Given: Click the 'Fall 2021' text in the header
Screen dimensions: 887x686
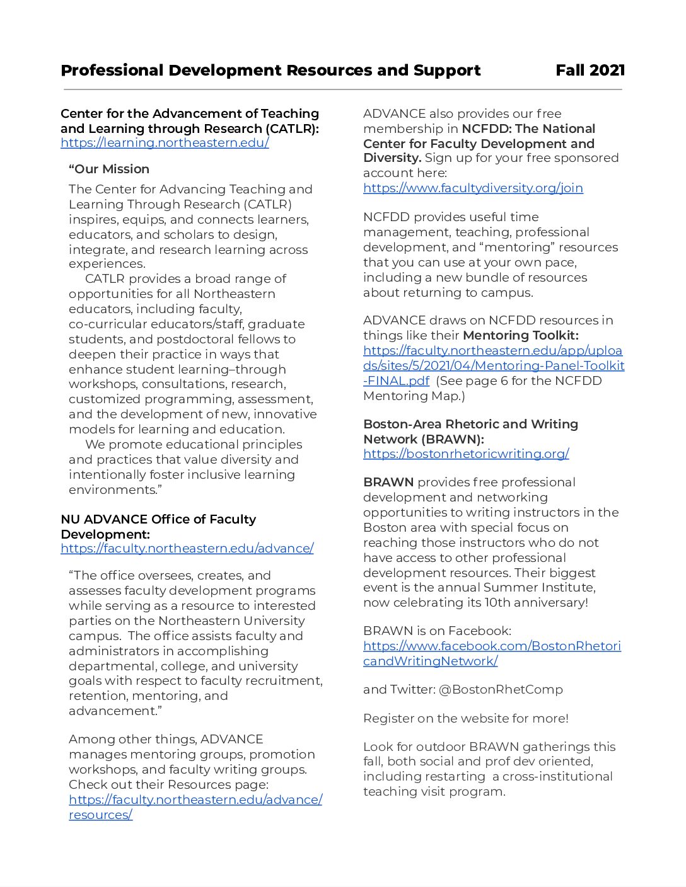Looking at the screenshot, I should [590, 71].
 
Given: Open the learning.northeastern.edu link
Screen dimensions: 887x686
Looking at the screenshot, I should [165, 143].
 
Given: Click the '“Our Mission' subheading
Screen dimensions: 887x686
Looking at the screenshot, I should [109, 169].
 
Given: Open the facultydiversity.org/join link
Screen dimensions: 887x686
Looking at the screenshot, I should [473, 188].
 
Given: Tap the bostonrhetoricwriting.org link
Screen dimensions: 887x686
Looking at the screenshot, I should [466, 454].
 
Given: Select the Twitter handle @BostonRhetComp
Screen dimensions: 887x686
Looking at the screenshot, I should [501, 690].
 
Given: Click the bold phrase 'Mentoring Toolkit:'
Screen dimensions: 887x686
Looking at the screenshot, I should [520, 336].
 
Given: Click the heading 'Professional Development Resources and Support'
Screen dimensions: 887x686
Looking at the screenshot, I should [270, 71].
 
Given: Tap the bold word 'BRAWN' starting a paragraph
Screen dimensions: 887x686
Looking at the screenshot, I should [388, 483].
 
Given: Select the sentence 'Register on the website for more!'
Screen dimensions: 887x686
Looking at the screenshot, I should [465, 719].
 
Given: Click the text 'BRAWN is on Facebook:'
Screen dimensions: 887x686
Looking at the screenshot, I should [437, 631].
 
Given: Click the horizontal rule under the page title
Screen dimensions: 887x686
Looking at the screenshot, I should [342, 89].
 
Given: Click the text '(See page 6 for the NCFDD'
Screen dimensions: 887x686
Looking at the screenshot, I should [518, 381].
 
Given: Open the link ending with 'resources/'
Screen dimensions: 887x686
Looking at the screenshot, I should [100, 815].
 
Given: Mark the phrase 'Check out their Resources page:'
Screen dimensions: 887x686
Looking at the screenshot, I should [168, 785].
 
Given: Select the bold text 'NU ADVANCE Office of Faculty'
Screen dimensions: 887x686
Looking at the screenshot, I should [158, 520].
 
